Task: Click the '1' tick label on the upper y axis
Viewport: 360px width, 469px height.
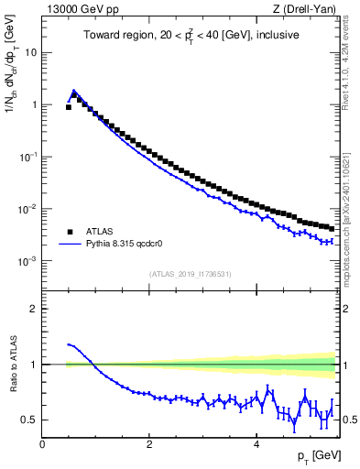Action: pyautogui.click(x=34, y=104)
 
